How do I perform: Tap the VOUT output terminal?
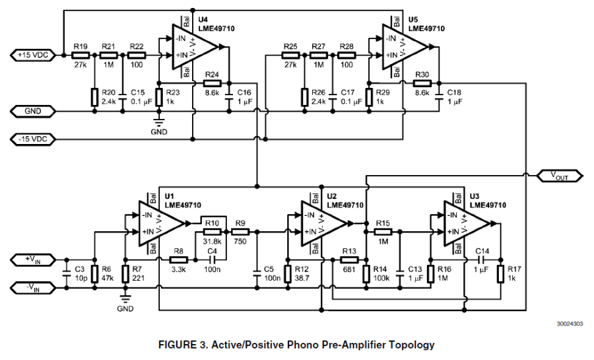558,175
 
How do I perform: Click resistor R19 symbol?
81,55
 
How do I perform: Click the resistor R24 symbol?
212,84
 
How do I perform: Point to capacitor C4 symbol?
212,260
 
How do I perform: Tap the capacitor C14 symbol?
482,260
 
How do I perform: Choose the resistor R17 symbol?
502,272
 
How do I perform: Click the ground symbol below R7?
125,299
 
